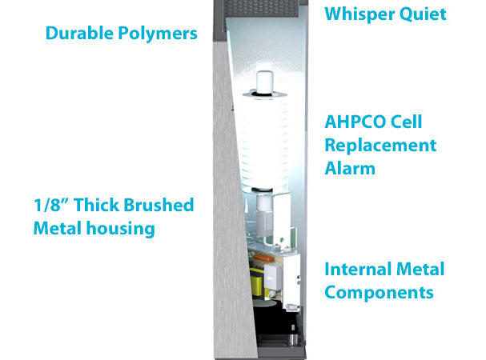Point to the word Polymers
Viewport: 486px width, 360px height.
[x=158, y=34]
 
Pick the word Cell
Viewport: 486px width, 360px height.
[x=407, y=123]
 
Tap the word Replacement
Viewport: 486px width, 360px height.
[x=380, y=146]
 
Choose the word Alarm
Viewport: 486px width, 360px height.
[x=350, y=169]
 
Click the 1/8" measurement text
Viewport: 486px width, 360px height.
[x=50, y=206]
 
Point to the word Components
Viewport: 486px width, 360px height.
[x=379, y=293]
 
